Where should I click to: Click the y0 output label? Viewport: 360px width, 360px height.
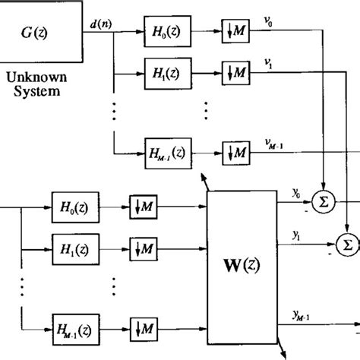click(x=294, y=195)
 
